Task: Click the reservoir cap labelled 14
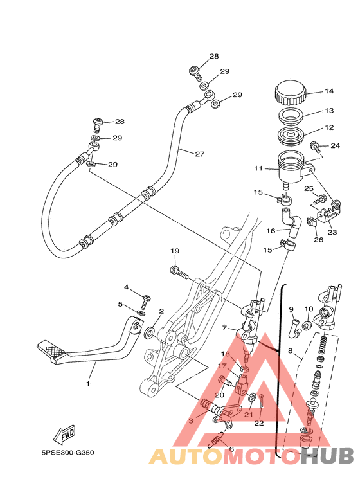pyautogui.click(x=291, y=93)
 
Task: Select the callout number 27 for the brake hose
pyautogui.click(x=200, y=154)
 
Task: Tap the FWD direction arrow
pyautogui.click(x=65, y=433)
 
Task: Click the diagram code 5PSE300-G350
pyautogui.click(x=67, y=453)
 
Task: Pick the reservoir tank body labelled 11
pyautogui.click(x=292, y=167)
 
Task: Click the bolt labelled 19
pyautogui.click(x=179, y=272)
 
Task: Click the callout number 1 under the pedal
pyautogui.click(x=88, y=384)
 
